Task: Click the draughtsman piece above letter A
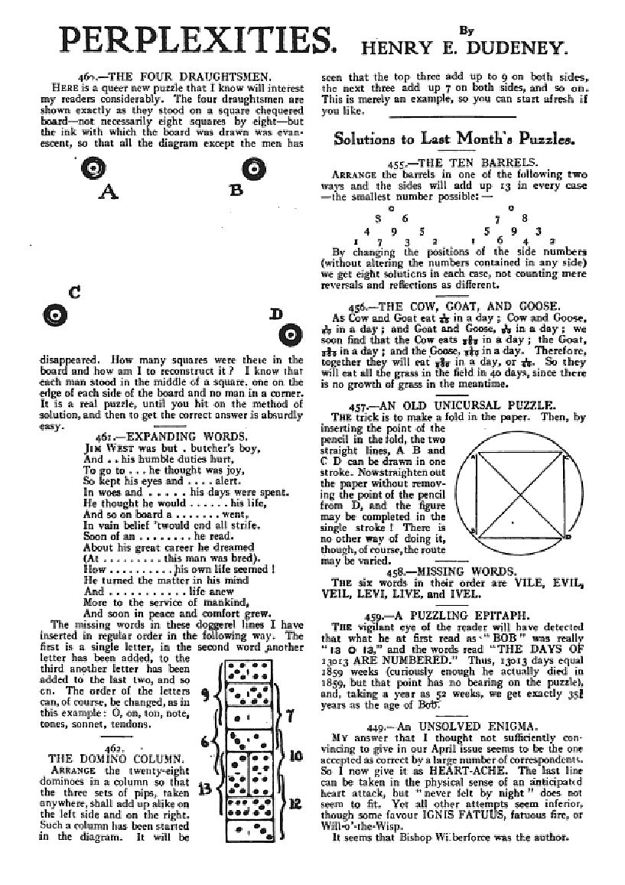[92, 169]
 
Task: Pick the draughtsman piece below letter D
[288, 335]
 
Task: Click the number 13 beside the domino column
[205, 789]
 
